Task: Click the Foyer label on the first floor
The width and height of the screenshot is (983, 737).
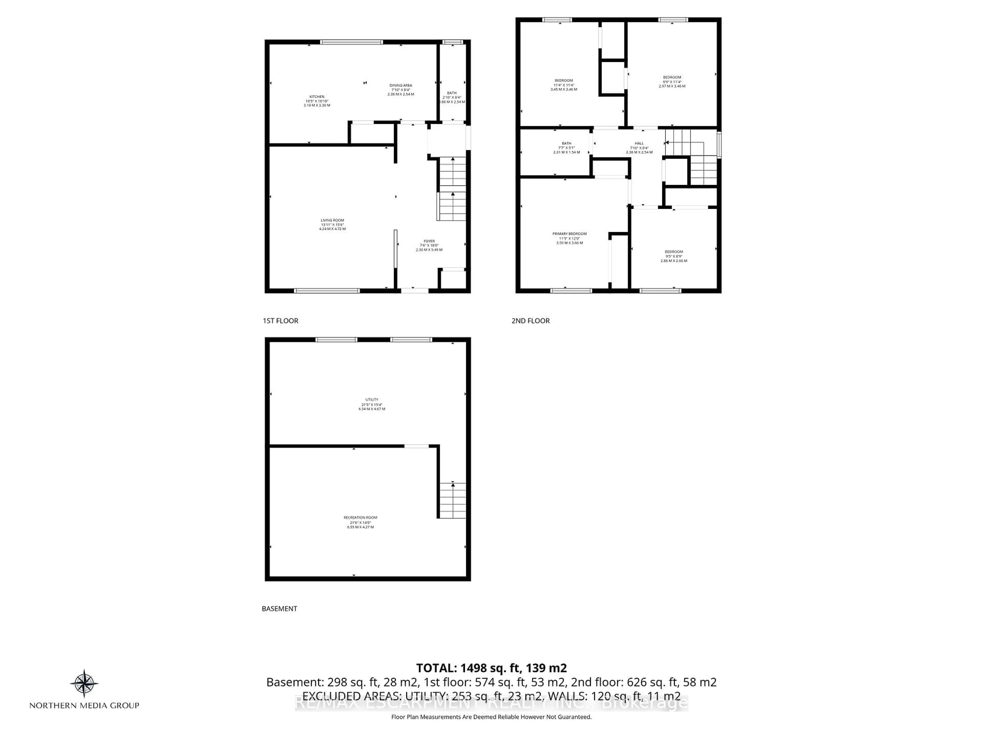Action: (x=429, y=245)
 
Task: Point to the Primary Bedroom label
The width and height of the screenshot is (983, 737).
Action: (x=569, y=238)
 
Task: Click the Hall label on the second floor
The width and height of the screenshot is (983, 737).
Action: (x=639, y=147)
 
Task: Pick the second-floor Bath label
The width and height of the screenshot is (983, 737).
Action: (x=566, y=147)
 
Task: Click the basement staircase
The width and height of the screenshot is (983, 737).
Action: (x=452, y=500)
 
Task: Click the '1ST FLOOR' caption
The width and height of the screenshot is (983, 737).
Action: (x=280, y=321)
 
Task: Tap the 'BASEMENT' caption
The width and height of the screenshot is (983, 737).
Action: (x=279, y=609)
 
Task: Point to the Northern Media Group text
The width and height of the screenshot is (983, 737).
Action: (x=84, y=706)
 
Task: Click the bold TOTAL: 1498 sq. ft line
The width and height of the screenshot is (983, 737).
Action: (x=491, y=668)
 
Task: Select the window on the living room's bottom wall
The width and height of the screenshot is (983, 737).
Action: (x=327, y=291)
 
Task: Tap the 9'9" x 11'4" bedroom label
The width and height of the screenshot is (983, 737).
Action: (x=672, y=82)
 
